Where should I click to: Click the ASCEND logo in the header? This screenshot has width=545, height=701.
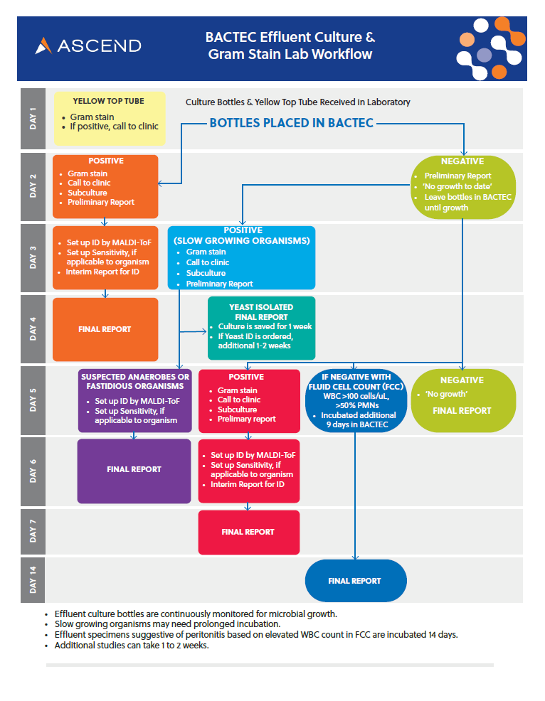pyautogui.click(x=88, y=46)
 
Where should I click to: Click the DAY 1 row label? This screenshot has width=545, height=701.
pyautogui.click(x=33, y=117)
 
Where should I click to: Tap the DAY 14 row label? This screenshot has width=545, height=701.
pyautogui.click(x=33, y=580)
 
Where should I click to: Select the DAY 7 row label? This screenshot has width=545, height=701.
pyautogui.click(x=33, y=531)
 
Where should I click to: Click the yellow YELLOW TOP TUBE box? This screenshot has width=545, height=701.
pyautogui.click(x=108, y=117)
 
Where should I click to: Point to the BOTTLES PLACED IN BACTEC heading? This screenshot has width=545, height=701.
pyautogui.click(x=291, y=123)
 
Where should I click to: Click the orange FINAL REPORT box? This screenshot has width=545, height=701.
pyautogui.click(x=105, y=329)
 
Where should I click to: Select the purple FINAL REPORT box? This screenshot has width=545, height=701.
pyautogui.click(x=134, y=469)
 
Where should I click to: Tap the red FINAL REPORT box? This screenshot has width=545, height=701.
pyautogui.click(x=248, y=532)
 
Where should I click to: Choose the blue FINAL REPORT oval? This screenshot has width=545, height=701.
pyautogui.click(x=355, y=581)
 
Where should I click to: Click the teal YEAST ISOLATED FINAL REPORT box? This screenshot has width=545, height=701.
pyautogui.click(x=261, y=327)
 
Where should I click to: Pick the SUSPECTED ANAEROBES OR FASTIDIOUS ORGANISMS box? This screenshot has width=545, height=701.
pyautogui.click(x=135, y=400)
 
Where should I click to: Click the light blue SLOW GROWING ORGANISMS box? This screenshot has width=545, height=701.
pyautogui.click(x=242, y=257)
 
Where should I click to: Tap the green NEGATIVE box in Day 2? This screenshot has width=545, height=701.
pyautogui.click(x=463, y=185)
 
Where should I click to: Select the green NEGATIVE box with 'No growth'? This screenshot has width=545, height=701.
pyautogui.click(x=462, y=400)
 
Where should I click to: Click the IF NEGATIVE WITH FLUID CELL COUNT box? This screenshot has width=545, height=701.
pyautogui.click(x=356, y=400)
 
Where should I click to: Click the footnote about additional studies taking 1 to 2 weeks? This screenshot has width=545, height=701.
pyautogui.click(x=132, y=646)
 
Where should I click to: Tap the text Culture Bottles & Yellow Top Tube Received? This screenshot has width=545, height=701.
pyautogui.click(x=297, y=102)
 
